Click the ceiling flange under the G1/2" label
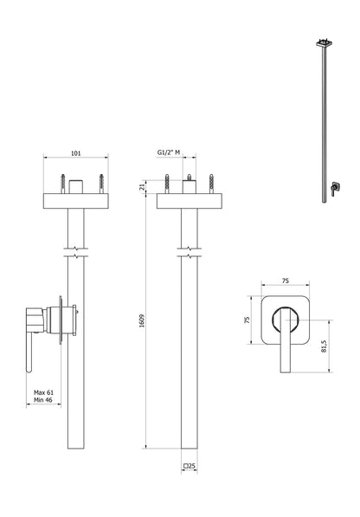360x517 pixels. coord(187,201)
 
